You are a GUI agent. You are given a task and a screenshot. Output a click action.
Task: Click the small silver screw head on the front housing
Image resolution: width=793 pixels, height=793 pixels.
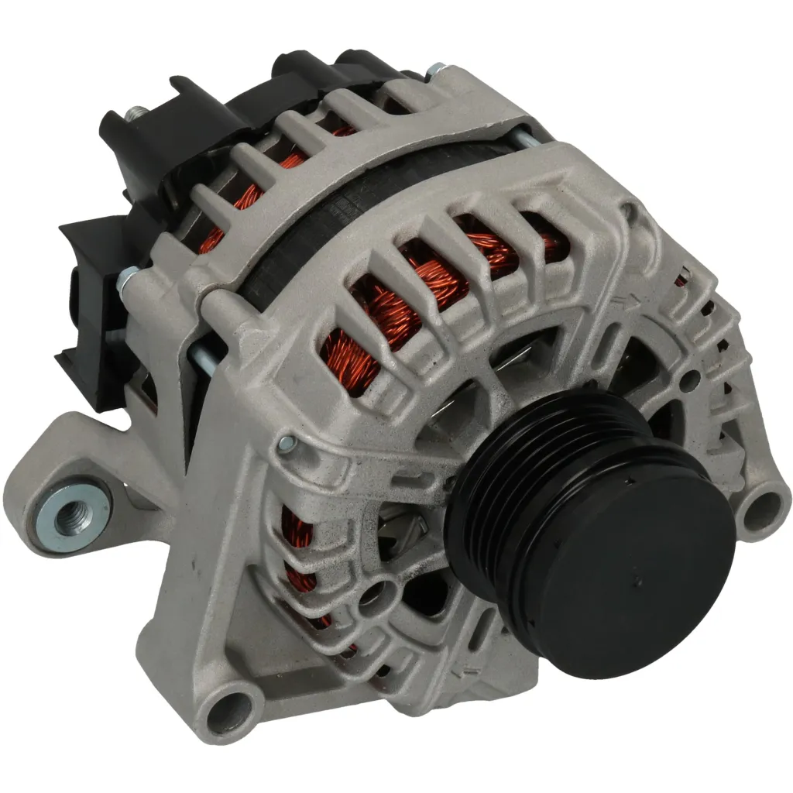click(x=286, y=444)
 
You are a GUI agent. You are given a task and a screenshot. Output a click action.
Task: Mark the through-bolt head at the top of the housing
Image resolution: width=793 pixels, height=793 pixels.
click(x=438, y=70)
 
